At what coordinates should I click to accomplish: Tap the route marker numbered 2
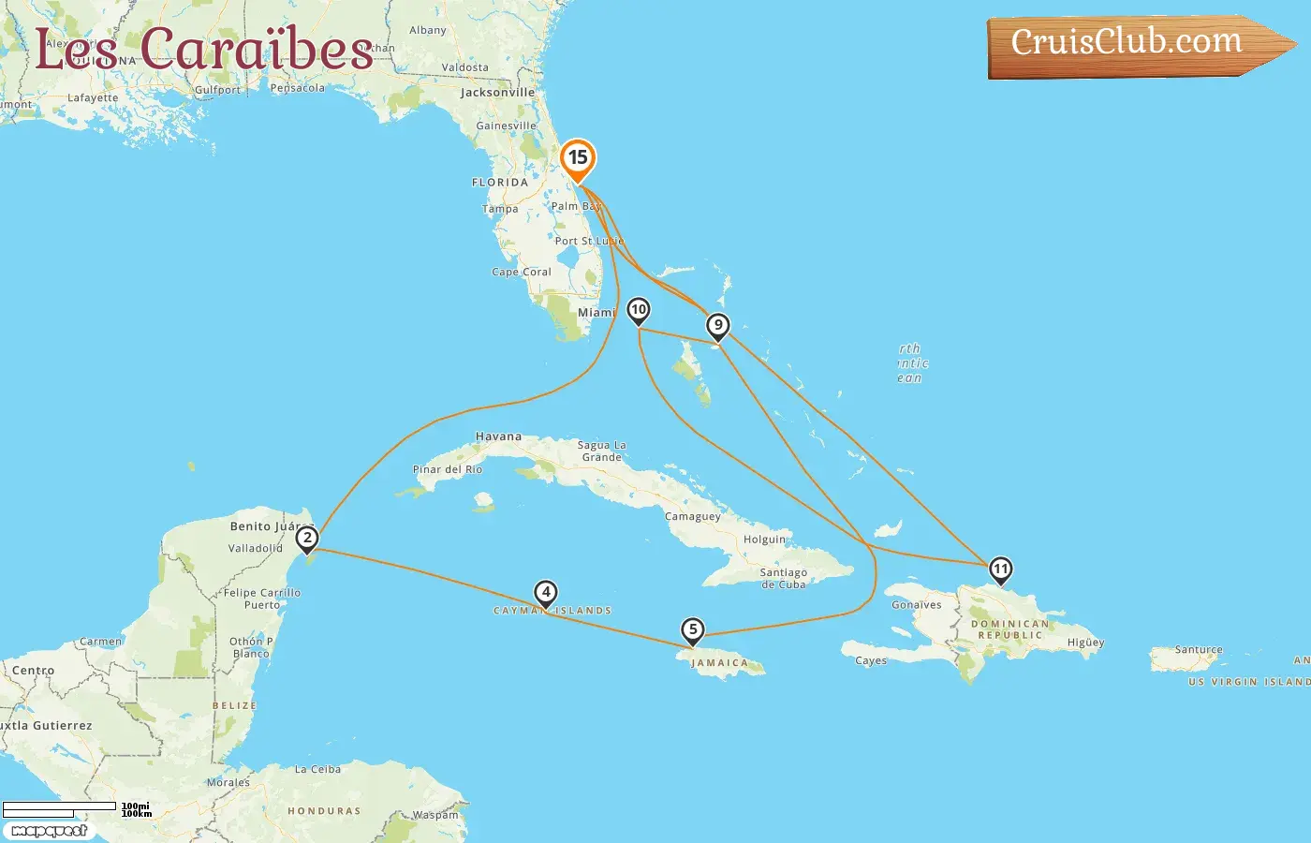click(306, 539)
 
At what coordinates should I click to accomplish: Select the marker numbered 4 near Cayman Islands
click(545, 593)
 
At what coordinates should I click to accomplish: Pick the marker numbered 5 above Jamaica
click(692, 629)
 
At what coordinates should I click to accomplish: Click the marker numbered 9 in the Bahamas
click(717, 326)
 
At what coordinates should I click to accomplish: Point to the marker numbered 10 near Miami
click(638, 310)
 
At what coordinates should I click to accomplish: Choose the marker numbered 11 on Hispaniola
click(1000, 569)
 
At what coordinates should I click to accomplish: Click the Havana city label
click(498, 436)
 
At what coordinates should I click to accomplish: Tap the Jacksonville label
click(497, 93)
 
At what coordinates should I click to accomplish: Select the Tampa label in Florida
click(500, 209)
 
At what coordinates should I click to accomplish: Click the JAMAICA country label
click(719, 663)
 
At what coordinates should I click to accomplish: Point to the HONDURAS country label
click(324, 811)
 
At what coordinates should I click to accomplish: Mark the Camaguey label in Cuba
click(693, 516)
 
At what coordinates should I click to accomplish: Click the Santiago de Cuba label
click(783, 578)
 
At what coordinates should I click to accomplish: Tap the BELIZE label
click(234, 705)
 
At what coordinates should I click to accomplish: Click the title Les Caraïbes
click(204, 49)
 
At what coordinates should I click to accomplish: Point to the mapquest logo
click(49, 831)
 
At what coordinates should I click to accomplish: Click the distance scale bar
click(60, 808)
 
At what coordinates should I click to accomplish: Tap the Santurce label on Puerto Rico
click(1199, 649)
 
